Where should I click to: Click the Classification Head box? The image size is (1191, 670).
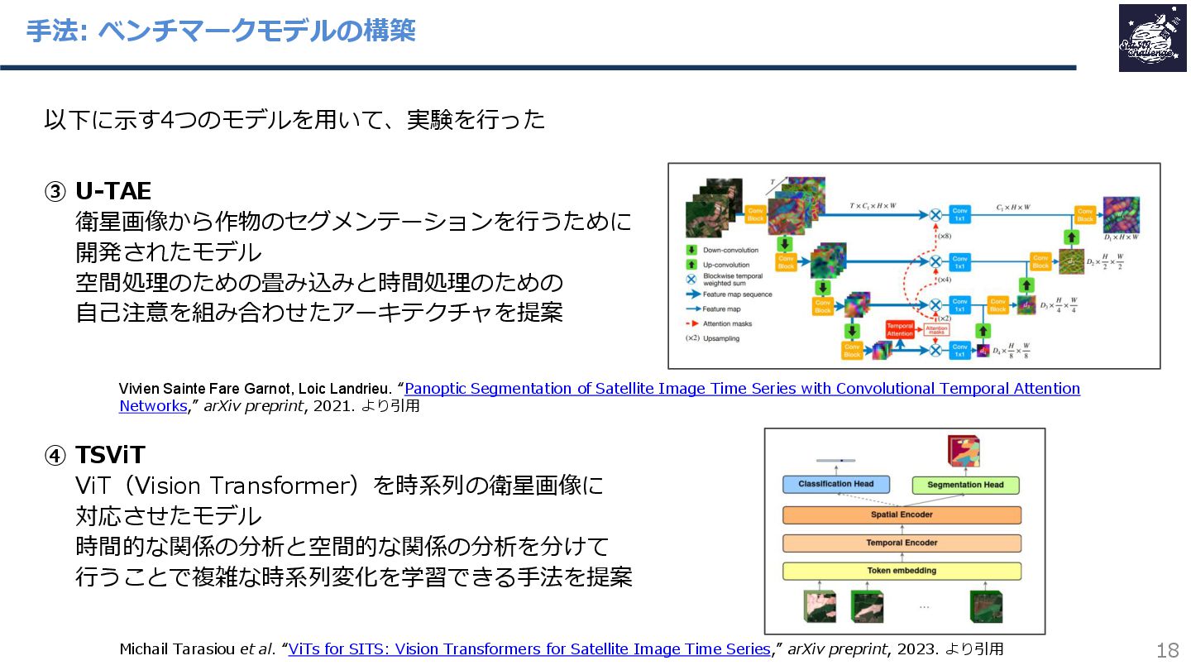(836, 484)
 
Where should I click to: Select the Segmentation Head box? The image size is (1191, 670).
(965, 485)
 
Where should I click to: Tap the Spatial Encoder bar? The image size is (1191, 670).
(902, 514)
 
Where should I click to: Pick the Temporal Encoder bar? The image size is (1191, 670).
(902, 543)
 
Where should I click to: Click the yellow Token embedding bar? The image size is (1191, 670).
(902, 571)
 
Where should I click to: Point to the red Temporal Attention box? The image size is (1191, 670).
(900, 329)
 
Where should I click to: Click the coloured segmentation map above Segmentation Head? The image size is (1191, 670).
(964, 452)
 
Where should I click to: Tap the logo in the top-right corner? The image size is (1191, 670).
(1151, 38)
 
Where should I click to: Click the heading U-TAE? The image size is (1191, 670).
(113, 191)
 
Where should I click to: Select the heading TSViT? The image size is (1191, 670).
(110, 455)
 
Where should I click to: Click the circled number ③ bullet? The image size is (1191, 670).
(55, 192)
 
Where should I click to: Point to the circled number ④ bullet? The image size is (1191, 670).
(55, 456)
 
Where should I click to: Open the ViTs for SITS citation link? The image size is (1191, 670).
(529, 649)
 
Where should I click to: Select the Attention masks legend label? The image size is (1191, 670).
(728, 323)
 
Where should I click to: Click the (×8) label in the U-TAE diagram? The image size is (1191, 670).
(945, 237)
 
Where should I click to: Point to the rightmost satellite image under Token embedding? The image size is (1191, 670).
(986, 605)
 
